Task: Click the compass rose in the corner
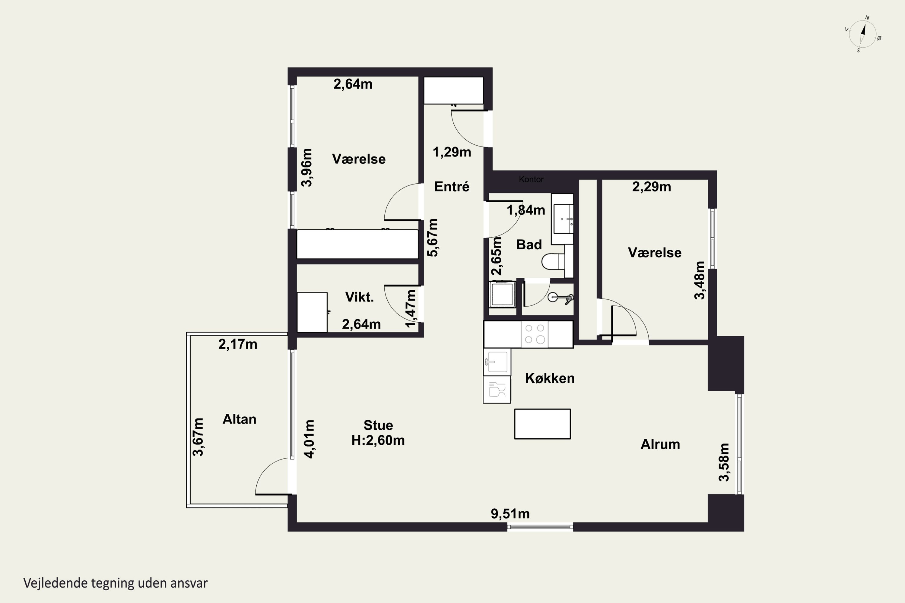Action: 862,34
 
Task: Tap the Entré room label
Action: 452,187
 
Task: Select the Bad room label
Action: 529,245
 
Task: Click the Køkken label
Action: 550,378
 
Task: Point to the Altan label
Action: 239,419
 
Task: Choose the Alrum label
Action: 660,444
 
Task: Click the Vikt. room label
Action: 359,297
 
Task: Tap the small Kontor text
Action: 531,179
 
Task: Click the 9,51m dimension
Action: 510,514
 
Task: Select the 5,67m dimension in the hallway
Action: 433,238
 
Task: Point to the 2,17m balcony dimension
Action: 238,344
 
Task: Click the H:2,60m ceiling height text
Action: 378,440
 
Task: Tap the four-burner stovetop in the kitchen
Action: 535,334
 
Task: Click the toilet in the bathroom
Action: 553,261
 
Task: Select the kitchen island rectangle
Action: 542,424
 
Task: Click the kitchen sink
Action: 497,362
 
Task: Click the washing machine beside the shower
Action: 502,294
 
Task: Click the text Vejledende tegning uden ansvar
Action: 116,583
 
